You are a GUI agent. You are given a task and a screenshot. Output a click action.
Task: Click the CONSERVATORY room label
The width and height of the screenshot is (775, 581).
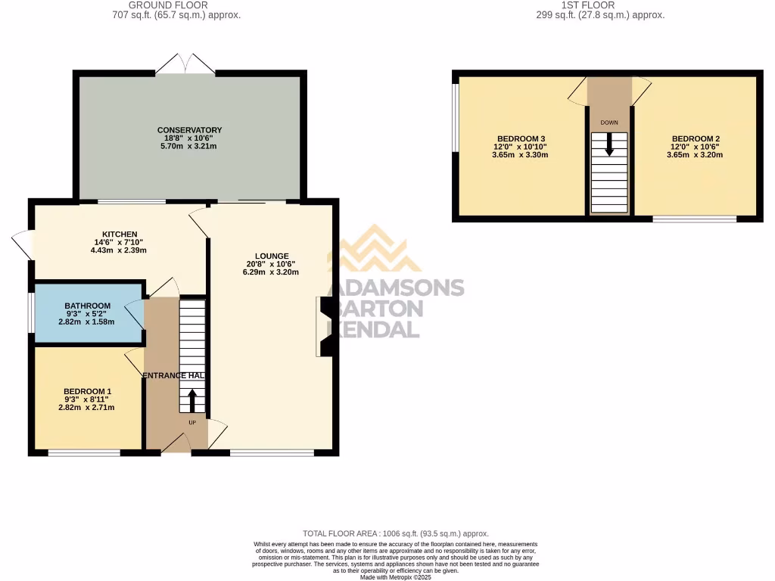pyautogui.click(x=190, y=130)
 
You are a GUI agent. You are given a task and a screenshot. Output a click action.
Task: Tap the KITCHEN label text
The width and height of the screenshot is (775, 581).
pyautogui.click(x=120, y=234)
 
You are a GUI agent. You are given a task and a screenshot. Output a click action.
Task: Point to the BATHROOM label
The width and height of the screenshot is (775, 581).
pyautogui.click(x=87, y=306)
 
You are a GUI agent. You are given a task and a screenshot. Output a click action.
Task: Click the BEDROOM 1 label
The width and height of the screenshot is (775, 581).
pyautogui.click(x=87, y=391)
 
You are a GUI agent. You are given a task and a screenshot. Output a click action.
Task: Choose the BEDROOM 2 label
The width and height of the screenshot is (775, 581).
pyautogui.click(x=695, y=138)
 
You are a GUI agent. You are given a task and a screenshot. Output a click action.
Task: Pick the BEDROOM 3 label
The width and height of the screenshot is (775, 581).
pyautogui.click(x=521, y=138)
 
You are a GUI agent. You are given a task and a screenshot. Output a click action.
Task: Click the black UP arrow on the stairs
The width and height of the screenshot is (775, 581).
pyautogui.click(x=191, y=399)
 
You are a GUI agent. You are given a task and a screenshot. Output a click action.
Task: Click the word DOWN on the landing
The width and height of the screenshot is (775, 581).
pyautogui.click(x=609, y=122)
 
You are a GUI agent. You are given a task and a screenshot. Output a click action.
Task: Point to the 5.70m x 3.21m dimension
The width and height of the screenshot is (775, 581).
pyautogui.click(x=190, y=146)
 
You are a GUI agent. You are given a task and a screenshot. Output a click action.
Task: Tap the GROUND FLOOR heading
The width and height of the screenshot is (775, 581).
pyautogui.click(x=176, y=5)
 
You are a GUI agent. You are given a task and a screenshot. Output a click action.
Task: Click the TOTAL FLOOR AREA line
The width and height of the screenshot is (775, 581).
pyautogui.click(x=400, y=533)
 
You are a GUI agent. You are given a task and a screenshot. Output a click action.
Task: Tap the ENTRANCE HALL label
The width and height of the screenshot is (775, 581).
pyautogui.click(x=175, y=375)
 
